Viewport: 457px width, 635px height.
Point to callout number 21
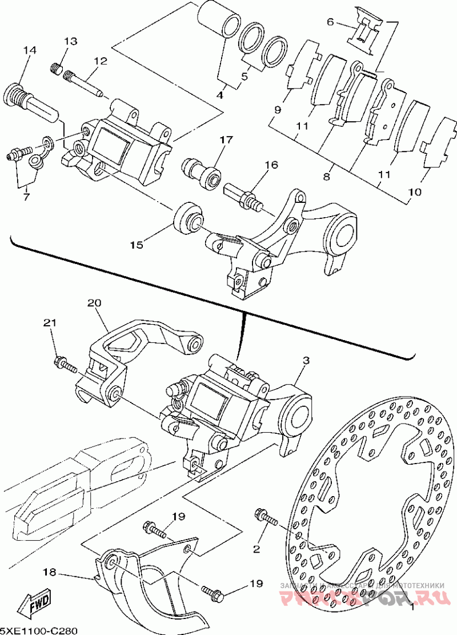(51, 323)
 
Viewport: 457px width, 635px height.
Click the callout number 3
(306, 361)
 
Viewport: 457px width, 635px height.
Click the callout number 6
(330, 22)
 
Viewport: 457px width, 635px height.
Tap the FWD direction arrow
(35, 603)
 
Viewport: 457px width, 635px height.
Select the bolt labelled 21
(66, 364)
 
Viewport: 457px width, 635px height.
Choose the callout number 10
(415, 192)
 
